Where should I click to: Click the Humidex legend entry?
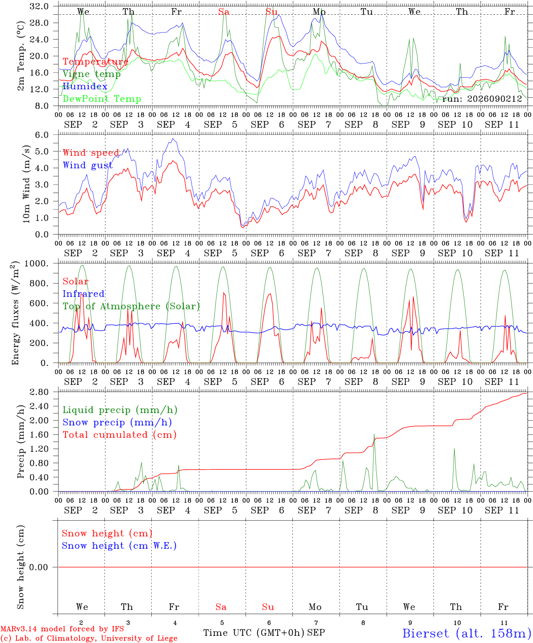85,86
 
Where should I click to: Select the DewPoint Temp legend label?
102,99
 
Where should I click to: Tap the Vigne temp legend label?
92,74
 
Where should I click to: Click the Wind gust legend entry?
88,165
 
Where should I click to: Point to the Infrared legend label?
83,294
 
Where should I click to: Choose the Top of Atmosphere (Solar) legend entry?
132,306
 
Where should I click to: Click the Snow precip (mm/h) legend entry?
117,422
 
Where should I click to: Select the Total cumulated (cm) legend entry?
120,435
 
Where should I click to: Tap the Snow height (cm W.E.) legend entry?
119,546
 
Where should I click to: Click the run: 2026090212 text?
482,99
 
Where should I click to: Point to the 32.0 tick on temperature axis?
39,6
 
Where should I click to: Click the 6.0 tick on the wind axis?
42,135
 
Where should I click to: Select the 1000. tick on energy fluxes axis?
37,263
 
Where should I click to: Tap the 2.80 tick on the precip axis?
39,392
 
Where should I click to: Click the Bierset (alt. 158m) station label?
467,633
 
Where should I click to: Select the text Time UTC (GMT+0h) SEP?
264,633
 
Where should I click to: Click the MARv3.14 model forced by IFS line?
62,629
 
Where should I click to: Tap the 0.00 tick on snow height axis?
39,567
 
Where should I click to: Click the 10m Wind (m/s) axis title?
26,184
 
